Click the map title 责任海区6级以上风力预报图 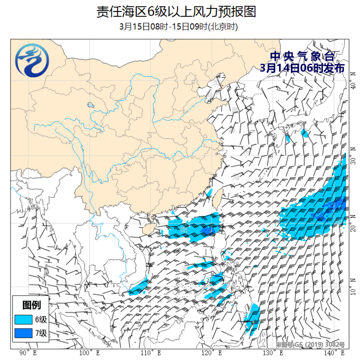(176, 11)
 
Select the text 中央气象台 (302, 56)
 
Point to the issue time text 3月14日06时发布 (302, 68)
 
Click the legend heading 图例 (32, 305)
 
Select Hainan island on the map (145, 229)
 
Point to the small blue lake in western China (90, 105)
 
